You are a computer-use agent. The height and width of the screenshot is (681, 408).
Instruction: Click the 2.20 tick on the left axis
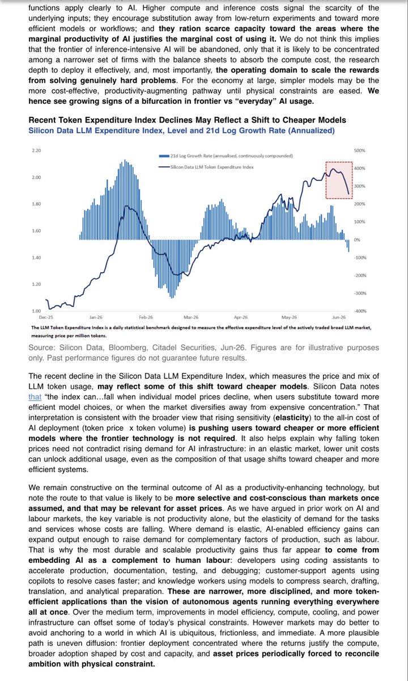(x=36, y=150)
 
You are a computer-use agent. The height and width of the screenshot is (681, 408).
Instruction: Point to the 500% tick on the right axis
(x=359, y=150)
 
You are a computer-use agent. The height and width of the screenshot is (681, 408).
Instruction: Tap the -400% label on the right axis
(x=360, y=311)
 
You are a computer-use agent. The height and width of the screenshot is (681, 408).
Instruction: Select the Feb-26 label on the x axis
(x=146, y=317)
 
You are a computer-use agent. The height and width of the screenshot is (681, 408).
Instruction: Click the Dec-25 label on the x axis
(x=46, y=317)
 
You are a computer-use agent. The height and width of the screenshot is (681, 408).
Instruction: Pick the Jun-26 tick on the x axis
(x=339, y=317)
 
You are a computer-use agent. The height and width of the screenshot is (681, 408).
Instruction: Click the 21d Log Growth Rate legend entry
(x=226, y=156)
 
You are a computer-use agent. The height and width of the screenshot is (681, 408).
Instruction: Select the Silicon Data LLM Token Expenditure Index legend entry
(x=206, y=167)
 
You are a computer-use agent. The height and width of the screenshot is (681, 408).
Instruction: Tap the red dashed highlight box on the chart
(x=326, y=180)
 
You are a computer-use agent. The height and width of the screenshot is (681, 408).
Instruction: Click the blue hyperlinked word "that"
(x=35, y=397)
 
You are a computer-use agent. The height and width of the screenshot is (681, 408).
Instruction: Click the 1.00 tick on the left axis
(x=36, y=311)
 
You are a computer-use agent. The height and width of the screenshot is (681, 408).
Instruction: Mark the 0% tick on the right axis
(x=357, y=240)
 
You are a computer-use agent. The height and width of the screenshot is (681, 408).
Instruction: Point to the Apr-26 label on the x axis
(x=241, y=317)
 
